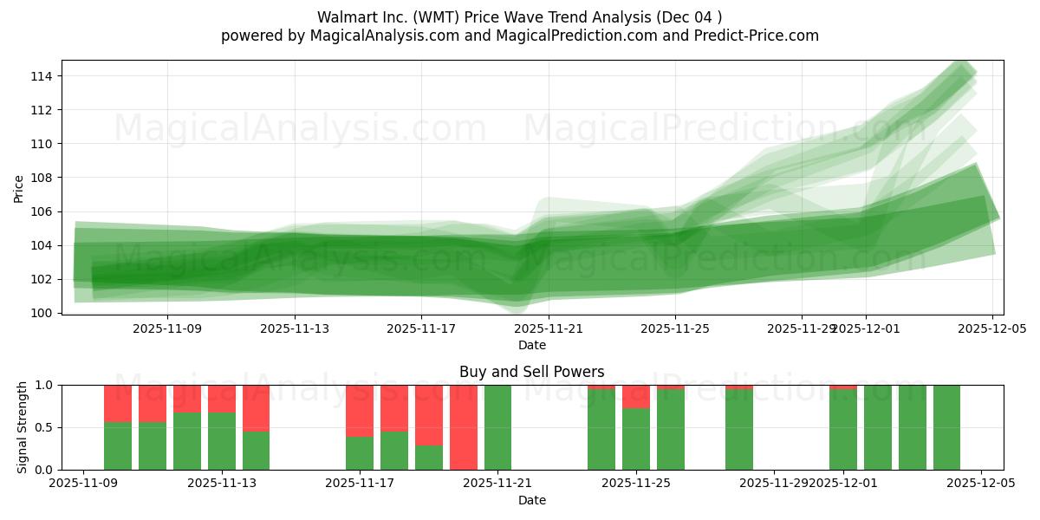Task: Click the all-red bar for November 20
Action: (x=464, y=427)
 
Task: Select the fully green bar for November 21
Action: (x=497, y=427)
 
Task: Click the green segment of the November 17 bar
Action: (x=360, y=453)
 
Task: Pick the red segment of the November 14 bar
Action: (x=256, y=407)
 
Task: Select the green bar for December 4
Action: (x=946, y=427)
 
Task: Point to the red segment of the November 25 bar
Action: (x=636, y=396)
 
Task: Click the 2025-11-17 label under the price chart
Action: (x=420, y=328)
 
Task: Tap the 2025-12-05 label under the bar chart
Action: (x=981, y=482)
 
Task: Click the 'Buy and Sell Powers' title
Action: (x=532, y=372)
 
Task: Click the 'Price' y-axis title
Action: (x=19, y=187)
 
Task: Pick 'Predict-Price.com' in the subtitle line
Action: (x=761, y=36)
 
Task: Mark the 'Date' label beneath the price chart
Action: (x=532, y=345)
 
